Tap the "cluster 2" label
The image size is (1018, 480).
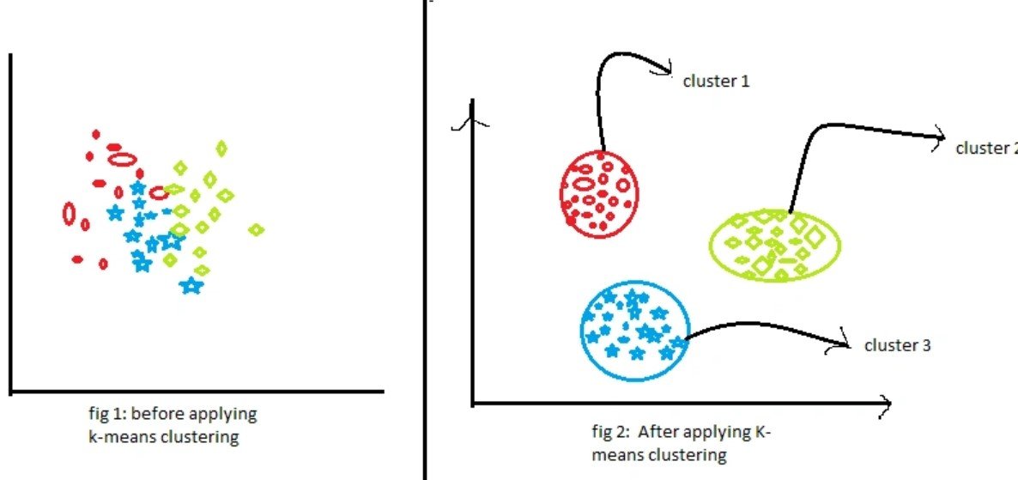click(985, 148)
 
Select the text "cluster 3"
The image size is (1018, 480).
click(897, 345)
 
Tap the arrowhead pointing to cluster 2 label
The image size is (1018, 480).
click(940, 138)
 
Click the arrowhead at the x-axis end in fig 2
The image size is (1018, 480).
click(885, 403)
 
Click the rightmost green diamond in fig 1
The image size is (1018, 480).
click(256, 229)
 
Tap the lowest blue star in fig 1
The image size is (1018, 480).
click(191, 285)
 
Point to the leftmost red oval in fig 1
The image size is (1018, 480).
click(69, 213)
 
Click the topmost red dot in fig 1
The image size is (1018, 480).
click(96, 134)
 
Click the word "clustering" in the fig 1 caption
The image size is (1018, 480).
click(207, 437)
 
